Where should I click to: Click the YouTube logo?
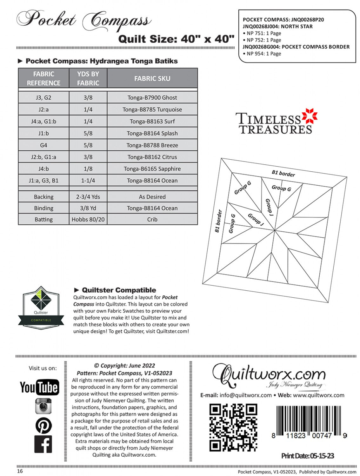click(x=39, y=387)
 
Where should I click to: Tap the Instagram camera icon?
click(x=43, y=406)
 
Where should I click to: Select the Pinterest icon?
click(x=43, y=426)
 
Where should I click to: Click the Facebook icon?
click(x=43, y=444)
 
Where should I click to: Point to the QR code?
click(x=233, y=427)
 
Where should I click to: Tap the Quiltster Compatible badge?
click(x=41, y=307)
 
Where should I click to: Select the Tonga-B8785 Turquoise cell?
click(x=152, y=109)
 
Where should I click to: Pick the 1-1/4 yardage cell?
click(x=88, y=181)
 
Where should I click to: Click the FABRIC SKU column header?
click(x=152, y=78)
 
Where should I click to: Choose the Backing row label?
click(x=43, y=197)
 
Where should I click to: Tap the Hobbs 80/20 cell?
click(x=88, y=219)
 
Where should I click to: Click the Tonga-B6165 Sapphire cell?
click(x=152, y=169)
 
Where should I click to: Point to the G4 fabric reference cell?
click(x=43, y=145)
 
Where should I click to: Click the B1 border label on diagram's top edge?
click(x=283, y=174)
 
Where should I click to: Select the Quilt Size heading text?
click(x=176, y=39)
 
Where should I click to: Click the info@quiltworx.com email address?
click(x=245, y=395)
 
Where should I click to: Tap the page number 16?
click(x=20, y=471)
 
